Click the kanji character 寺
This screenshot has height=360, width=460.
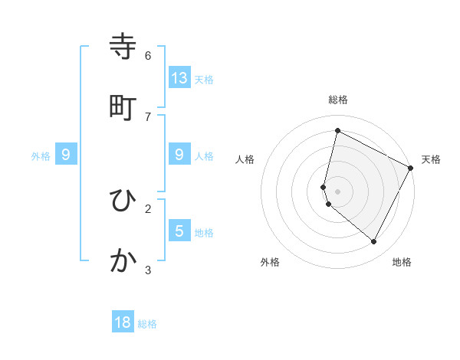(x=123, y=48)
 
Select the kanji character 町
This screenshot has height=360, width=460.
(x=123, y=108)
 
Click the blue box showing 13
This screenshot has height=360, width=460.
(x=179, y=77)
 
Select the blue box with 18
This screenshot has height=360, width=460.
(x=123, y=322)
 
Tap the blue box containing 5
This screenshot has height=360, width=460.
(x=179, y=231)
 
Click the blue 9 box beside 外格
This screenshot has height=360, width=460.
(x=66, y=155)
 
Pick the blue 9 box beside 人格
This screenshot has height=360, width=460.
(x=179, y=155)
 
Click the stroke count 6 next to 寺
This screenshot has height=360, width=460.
(x=148, y=55)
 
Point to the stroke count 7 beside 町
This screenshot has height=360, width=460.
(x=148, y=116)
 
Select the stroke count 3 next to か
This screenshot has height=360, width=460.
(x=148, y=269)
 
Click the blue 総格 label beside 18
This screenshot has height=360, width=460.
(x=147, y=324)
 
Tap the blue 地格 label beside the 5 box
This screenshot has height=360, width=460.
(x=204, y=232)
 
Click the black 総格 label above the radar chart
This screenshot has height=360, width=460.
(x=338, y=100)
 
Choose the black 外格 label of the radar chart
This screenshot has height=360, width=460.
(x=270, y=262)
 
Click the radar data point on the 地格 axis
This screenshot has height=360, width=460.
(x=374, y=242)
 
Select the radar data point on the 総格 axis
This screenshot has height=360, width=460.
(x=337, y=131)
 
